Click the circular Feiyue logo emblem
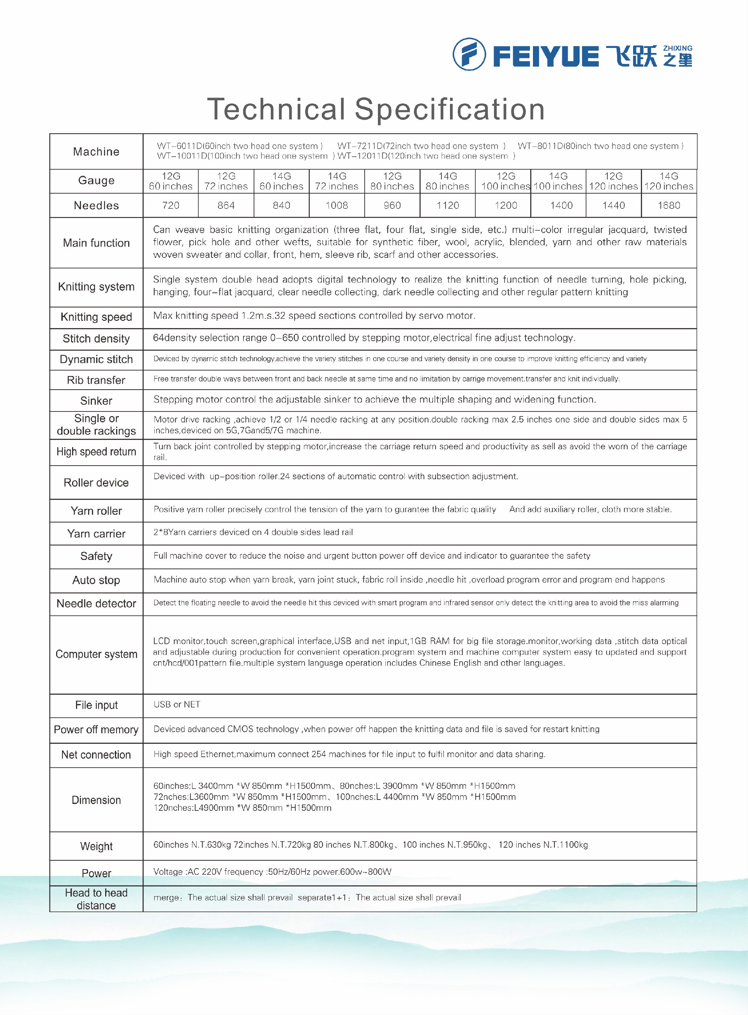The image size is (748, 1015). coord(469,54)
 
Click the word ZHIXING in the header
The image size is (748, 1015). coord(677,48)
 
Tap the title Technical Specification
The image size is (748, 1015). coord(376,109)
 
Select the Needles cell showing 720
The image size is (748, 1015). coord(171,206)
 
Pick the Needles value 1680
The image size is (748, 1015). coord(669,206)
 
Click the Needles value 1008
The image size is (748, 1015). coord(337,206)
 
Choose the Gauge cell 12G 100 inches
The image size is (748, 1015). coord(505,181)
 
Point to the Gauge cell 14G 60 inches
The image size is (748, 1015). coord(281,181)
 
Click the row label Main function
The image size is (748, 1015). coord(97,243)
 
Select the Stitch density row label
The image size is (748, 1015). coord(97,339)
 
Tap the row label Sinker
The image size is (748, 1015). coord(97,401)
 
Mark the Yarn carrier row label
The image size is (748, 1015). coord(97,534)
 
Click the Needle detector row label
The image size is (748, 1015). coord(97,604)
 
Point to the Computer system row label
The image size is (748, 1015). coord(97,654)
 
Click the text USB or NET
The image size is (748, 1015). coord(177,704)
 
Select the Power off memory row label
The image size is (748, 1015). coord(97,729)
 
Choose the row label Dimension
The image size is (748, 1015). coord(97,800)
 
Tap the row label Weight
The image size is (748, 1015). coord(97,846)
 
